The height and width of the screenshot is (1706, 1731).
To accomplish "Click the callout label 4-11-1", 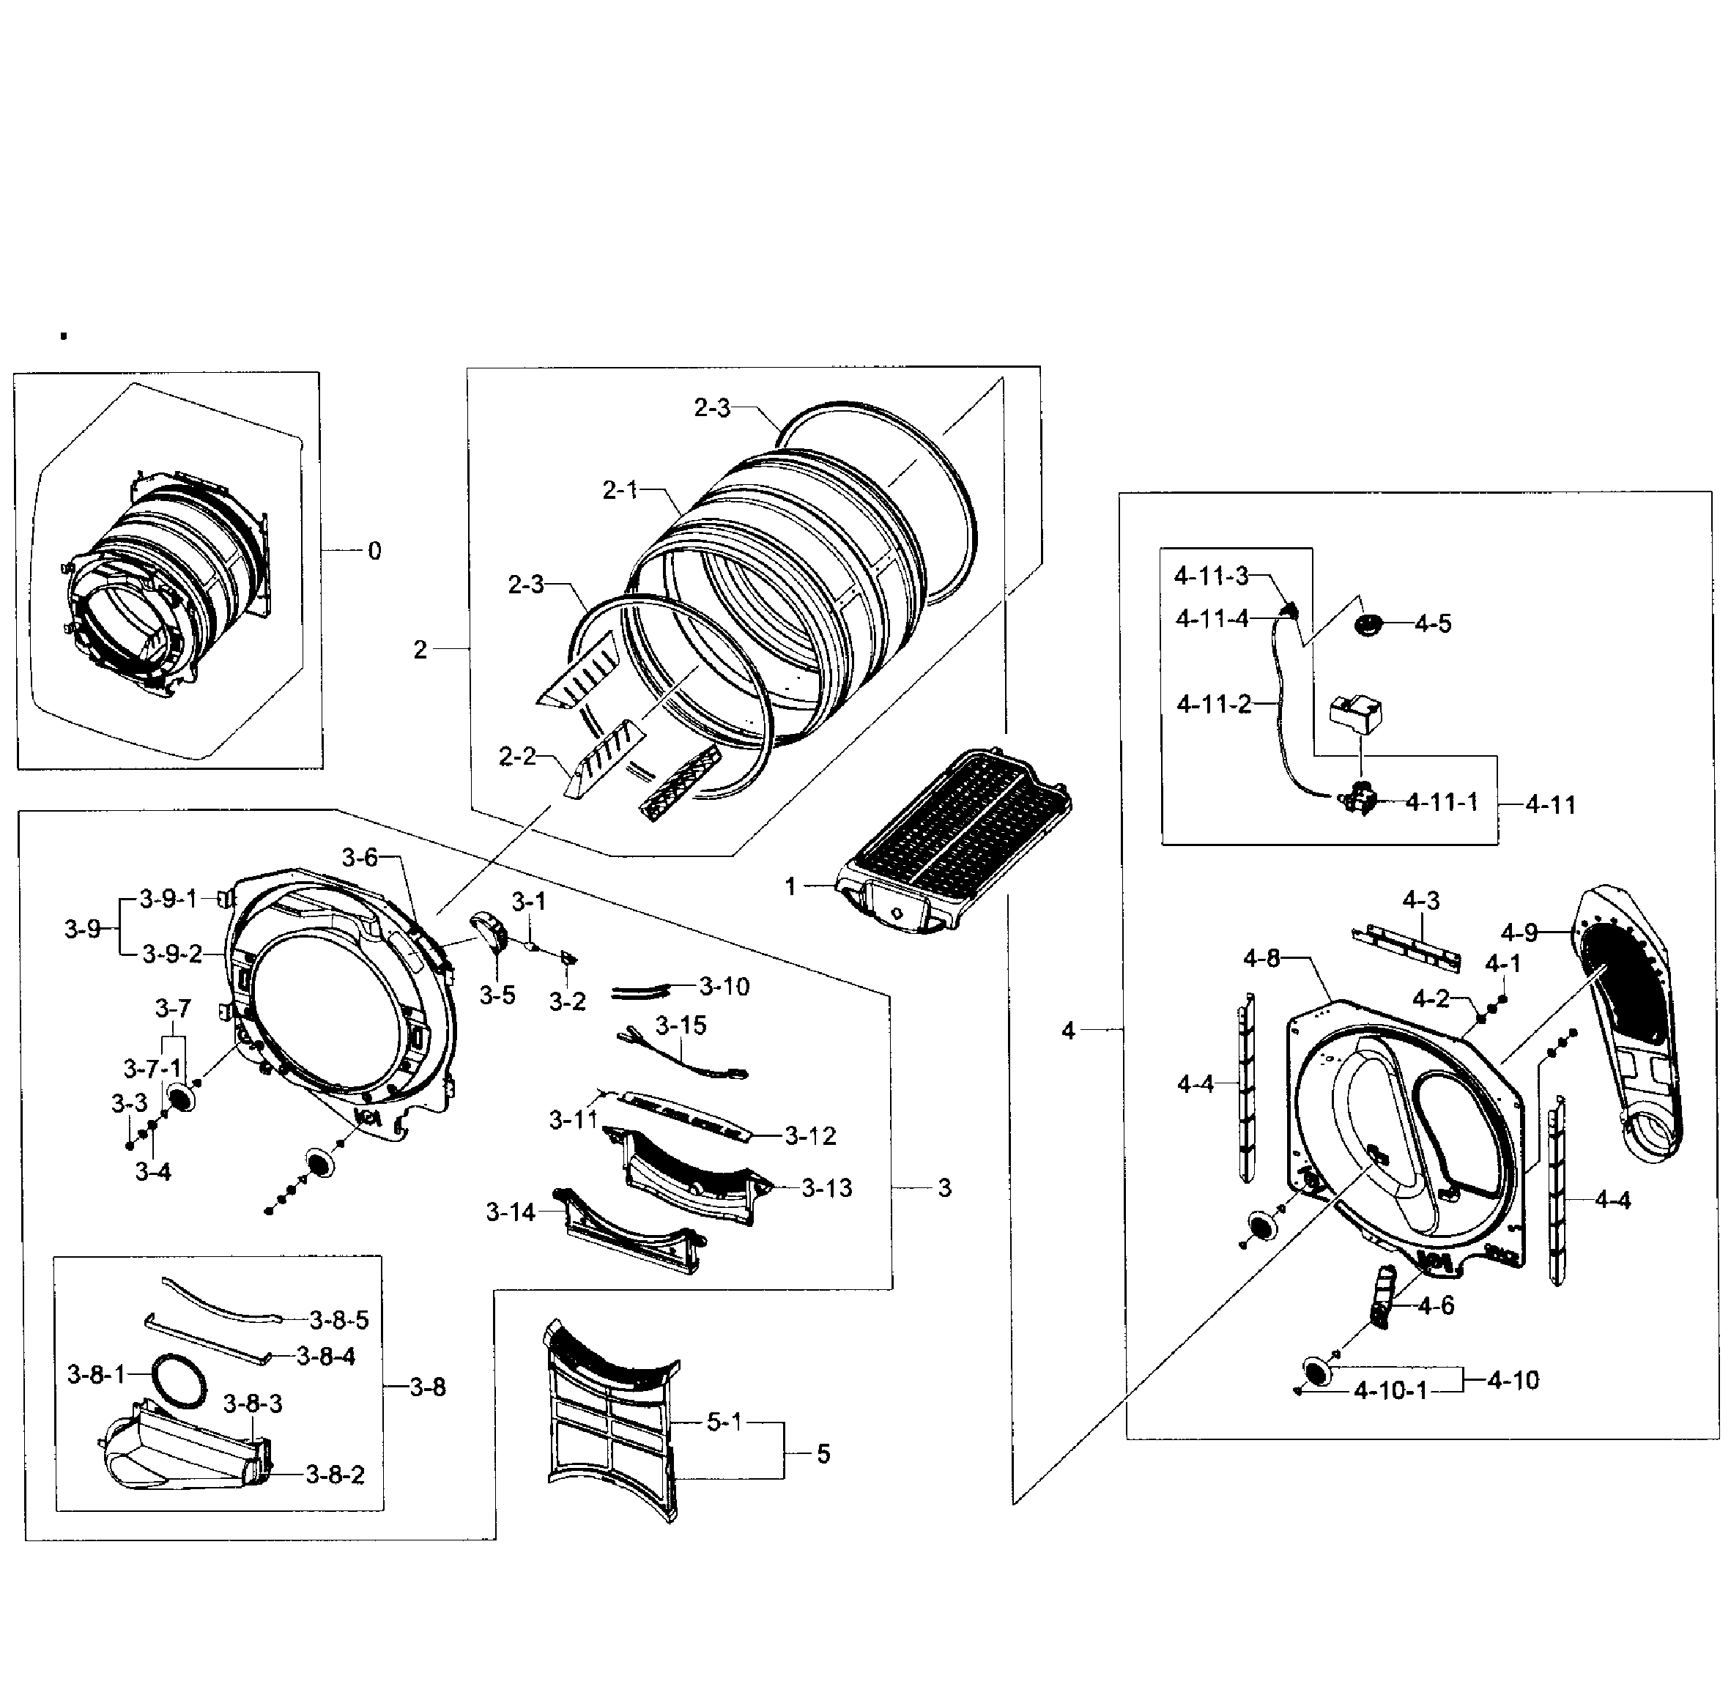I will pyautogui.click(x=1441, y=803).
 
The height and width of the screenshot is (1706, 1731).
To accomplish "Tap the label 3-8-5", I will pyautogui.click(x=338, y=1320).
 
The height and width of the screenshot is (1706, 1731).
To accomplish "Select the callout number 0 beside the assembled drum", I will pyautogui.click(x=374, y=551).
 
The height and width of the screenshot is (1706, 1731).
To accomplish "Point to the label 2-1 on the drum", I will pyautogui.click(x=620, y=490).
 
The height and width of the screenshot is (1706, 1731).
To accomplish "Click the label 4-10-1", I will pyautogui.click(x=1390, y=1390).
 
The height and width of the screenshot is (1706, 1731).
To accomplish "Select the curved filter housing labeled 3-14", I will pyautogui.click(x=627, y=1228).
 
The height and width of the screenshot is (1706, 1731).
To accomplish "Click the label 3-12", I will pyautogui.click(x=810, y=1136).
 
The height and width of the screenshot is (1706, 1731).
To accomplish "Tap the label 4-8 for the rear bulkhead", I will pyautogui.click(x=1261, y=959).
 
